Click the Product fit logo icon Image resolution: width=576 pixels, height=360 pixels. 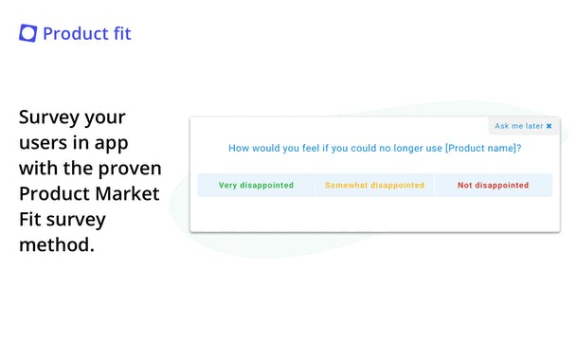pyautogui.click(x=28, y=33)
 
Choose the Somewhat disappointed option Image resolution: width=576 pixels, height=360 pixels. pyautogui.click(x=374, y=185)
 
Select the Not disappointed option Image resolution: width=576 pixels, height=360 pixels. pyautogui.click(x=493, y=185)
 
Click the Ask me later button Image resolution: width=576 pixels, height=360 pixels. pyautogui.click(x=518, y=126)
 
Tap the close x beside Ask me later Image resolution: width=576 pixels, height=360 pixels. pyautogui.click(x=549, y=126)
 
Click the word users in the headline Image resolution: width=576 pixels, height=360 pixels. pyautogui.click(x=45, y=144)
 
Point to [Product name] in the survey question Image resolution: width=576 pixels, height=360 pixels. pyautogui.click(x=479, y=148)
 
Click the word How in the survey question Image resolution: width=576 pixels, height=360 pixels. pyautogui.click(x=240, y=148)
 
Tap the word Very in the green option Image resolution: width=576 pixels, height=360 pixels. pyautogui.click(x=228, y=185)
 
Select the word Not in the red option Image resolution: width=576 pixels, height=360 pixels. pyautogui.click(x=465, y=185)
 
